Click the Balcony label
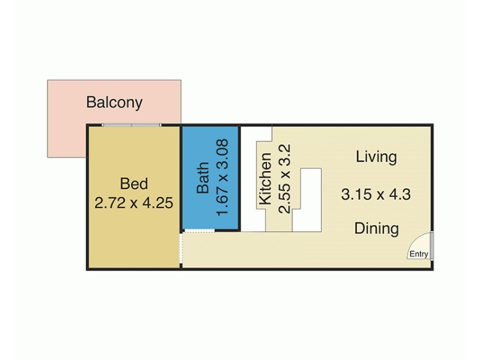coord(114,102)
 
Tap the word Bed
coord(134,183)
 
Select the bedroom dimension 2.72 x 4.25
coord(134,203)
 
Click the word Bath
coord(203,178)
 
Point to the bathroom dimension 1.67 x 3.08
coord(223,178)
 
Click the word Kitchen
coord(265,179)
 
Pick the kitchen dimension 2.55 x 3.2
coord(284,179)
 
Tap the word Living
coord(376,157)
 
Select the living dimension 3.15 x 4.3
coord(376,194)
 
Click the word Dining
coord(376,229)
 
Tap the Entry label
coord(419,254)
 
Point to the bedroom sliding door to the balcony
coord(131,125)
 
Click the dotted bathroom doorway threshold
coord(199,231)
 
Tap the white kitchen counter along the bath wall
coord(251,180)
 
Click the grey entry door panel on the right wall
coord(432,247)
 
